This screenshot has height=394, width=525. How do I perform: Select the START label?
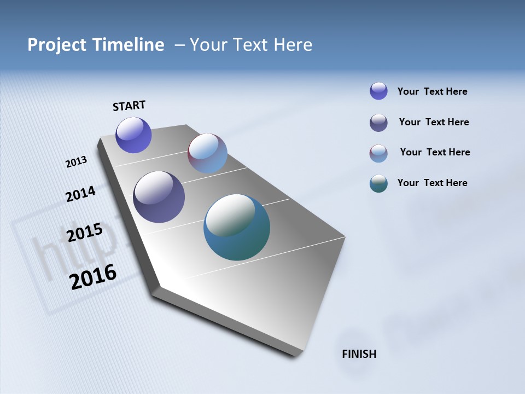pyautogui.click(x=129, y=106)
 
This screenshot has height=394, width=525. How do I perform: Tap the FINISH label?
pyautogui.click(x=359, y=354)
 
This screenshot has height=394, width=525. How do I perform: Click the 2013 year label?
pyautogui.click(x=76, y=162)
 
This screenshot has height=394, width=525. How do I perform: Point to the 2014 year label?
pyautogui.click(x=80, y=194)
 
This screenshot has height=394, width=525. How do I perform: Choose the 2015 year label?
pyautogui.click(x=84, y=233)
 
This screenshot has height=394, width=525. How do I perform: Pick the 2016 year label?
pyautogui.click(x=93, y=276)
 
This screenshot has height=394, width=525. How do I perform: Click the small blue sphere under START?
pyautogui.click(x=133, y=135)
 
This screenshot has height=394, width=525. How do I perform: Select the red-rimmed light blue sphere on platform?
pyautogui.click(x=207, y=153)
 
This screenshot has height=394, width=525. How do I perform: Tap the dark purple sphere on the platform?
pyautogui.click(x=159, y=197)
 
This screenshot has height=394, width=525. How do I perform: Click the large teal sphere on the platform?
pyautogui.click(x=237, y=227)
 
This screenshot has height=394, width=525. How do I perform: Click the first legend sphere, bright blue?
pyautogui.click(x=378, y=91)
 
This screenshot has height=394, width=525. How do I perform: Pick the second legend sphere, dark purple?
pyautogui.click(x=378, y=123)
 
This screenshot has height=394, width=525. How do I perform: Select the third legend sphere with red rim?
pyautogui.click(x=378, y=153)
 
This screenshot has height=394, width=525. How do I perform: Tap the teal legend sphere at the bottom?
pyautogui.click(x=378, y=183)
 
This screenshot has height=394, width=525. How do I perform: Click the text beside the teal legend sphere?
pyautogui.click(x=432, y=183)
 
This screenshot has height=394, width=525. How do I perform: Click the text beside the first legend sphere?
pyautogui.click(x=432, y=91)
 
